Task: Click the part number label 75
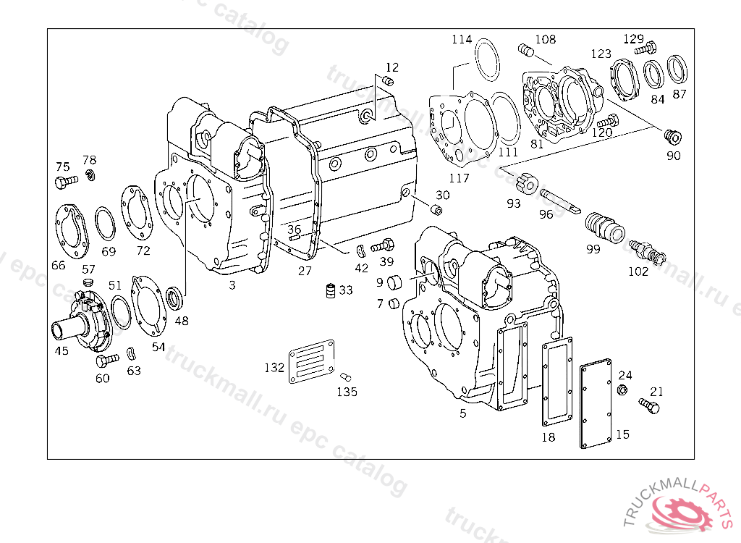click(x=63, y=167)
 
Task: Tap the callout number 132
click(x=274, y=368)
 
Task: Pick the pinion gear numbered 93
click(x=528, y=183)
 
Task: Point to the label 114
click(x=462, y=39)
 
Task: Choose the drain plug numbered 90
click(x=673, y=135)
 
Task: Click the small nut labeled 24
click(x=622, y=391)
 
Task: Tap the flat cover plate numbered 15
click(x=597, y=405)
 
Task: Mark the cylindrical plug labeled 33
click(x=330, y=290)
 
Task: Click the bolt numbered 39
click(x=382, y=245)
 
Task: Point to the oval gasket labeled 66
click(x=70, y=230)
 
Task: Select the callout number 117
click(x=459, y=178)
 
